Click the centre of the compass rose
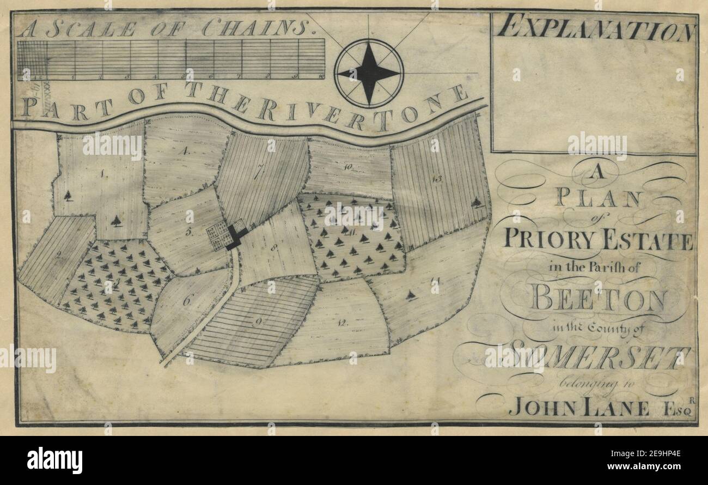point(369,72)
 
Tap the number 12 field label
point(342,323)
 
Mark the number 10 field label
point(349,168)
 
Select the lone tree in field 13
point(477,203)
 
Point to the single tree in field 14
point(411,296)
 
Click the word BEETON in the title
point(599,300)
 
